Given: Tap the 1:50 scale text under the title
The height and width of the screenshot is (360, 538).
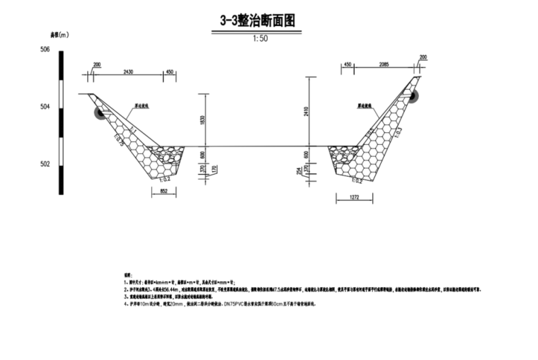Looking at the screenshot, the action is tap(260, 39).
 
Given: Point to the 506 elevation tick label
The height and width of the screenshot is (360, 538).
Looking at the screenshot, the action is tap(45, 50).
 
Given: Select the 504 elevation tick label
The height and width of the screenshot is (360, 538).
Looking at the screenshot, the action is tap(45, 107).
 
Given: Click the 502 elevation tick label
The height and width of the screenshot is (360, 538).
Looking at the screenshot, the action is tap(45, 164).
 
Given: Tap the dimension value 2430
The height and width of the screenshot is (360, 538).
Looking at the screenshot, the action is tap(128, 72).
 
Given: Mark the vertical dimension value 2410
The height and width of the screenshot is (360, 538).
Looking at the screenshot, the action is tap(307, 110).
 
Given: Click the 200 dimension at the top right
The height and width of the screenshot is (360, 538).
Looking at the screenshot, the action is tap(423, 57).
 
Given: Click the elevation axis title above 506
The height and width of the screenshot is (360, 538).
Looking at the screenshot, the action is tap(58, 33).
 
